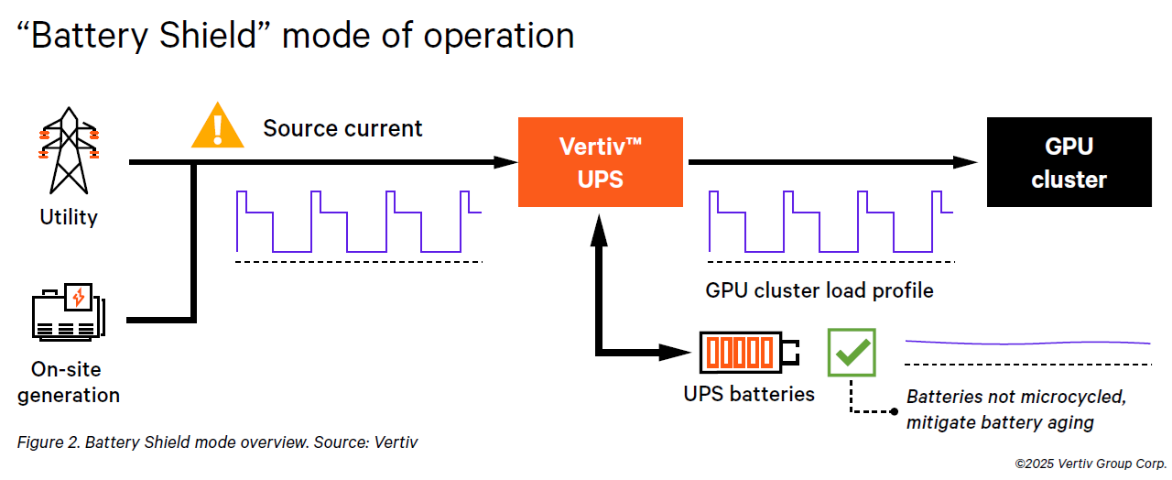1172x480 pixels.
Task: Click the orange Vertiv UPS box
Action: tap(600, 162)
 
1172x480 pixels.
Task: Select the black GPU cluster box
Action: tap(1069, 162)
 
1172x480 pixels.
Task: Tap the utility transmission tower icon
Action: tap(69, 151)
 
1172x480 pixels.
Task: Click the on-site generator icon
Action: tap(69, 312)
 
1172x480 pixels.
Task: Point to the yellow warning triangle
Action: tap(218, 125)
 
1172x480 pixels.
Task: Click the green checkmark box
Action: tap(852, 353)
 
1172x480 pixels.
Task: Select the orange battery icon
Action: tap(749, 353)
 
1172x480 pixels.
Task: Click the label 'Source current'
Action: tap(342, 128)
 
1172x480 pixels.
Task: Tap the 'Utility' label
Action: tap(69, 217)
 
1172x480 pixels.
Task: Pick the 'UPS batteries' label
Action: tap(749, 394)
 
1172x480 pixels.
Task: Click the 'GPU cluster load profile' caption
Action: tap(819, 290)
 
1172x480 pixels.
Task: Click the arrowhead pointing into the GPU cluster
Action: tap(965, 162)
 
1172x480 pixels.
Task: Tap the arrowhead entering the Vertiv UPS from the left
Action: tap(505, 162)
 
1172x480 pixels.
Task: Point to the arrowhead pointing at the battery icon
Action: tap(675, 353)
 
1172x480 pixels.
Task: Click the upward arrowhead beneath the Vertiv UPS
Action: tap(599, 230)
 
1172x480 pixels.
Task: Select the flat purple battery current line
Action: tap(1027, 343)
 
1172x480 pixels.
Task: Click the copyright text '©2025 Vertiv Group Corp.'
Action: tap(1091, 464)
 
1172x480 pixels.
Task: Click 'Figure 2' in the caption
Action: tap(49, 442)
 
